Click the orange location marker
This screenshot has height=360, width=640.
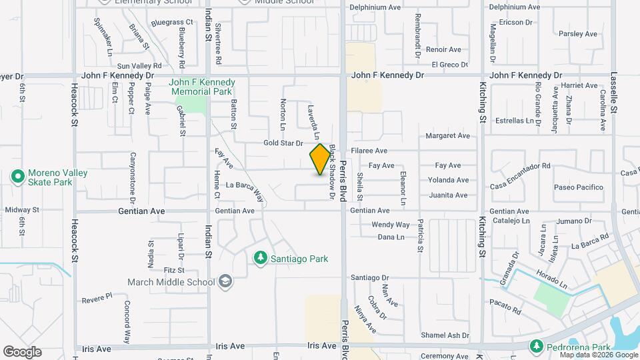pyautogui.click(x=320, y=159)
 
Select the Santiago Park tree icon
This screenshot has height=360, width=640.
pyautogui.click(x=261, y=258)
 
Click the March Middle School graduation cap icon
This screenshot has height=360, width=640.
pyautogui.click(x=225, y=281)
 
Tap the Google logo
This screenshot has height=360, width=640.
pyautogui.click(x=22, y=352)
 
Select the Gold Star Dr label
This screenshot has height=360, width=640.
pyautogui.click(x=283, y=143)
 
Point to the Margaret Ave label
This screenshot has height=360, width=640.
pyautogui.click(x=447, y=135)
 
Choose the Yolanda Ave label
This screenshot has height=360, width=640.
pyautogui.click(x=448, y=180)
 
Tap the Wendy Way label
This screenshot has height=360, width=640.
pyautogui.click(x=390, y=225)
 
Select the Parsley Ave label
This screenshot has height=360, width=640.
pyautogui.click(x=577, y=33)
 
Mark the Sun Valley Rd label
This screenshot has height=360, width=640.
pyautogui.click(x=139, y=65)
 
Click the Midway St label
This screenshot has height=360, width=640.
pyautogui.click(x=22, y=209)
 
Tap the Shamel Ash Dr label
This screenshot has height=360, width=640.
pyautogui.click(x=445, y=335)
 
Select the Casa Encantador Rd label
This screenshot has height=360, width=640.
pyautogui.click(x=520, y=165)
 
